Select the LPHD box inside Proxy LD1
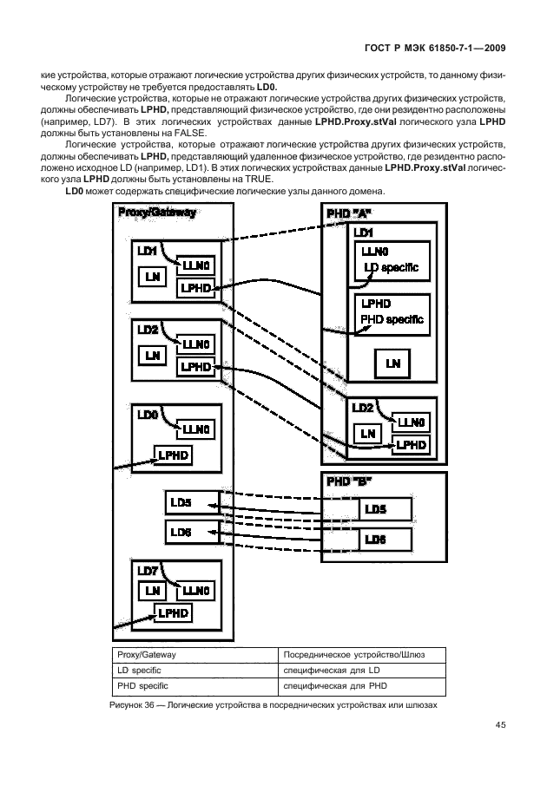pos(194,287)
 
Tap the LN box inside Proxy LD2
pos(153,355)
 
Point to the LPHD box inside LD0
pos(173,455)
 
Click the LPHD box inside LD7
pos(173,612)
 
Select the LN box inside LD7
pos(153,591)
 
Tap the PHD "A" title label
pos(347,213)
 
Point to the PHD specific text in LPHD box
pos(392,319)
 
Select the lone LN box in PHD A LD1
pos(392,363)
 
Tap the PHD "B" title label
pos(347,481)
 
